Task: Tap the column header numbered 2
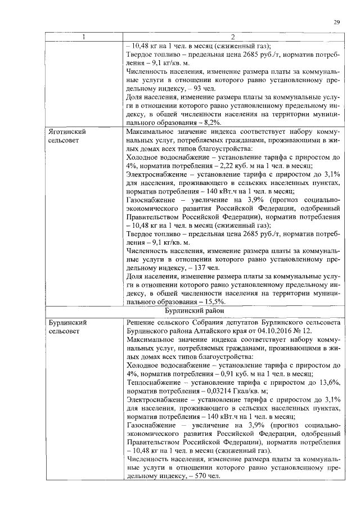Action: coord(232,38)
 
